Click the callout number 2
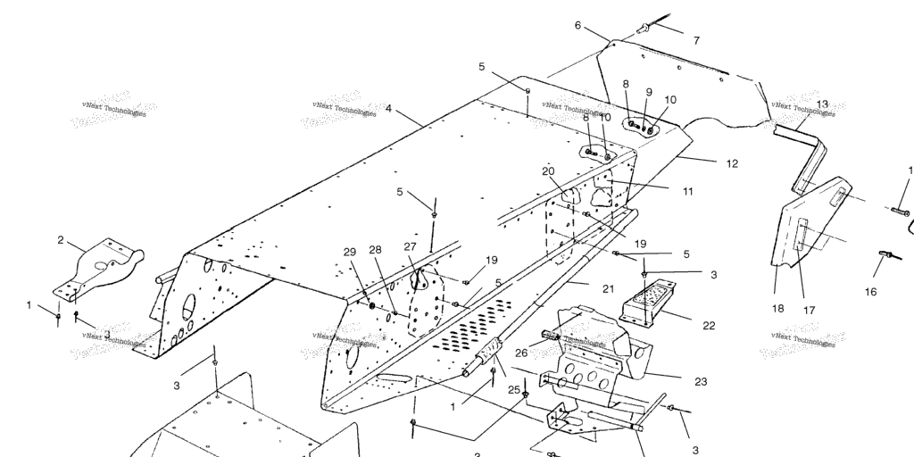pos(61,240)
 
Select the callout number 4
pos(389,109)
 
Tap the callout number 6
pos(577,26)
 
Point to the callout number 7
pos(696,40)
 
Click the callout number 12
pos(732,163)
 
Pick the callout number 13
pos(822,104)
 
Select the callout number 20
pos(548,170)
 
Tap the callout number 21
pos(608,288)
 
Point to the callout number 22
pos(709,326)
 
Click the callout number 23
pos(701,381)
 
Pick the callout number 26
pos(521,353)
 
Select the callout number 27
pos(410,246)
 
